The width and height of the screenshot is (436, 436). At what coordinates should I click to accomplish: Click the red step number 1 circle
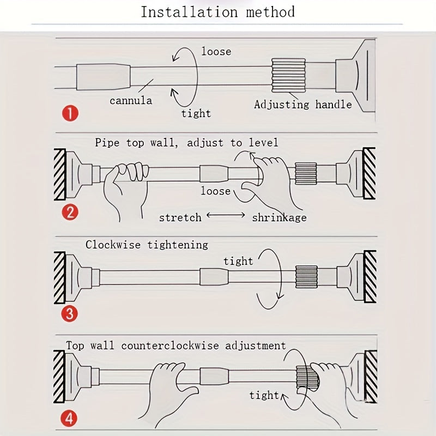[x=70, y=114]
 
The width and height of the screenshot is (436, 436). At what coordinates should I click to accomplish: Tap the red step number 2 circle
[x=70, y=211]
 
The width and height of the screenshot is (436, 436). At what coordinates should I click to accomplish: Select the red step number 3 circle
[x=70, y=313]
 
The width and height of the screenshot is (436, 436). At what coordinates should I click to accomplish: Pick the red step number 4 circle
[x=70, y=419]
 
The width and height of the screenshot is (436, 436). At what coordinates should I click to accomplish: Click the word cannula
[x=131, y=101]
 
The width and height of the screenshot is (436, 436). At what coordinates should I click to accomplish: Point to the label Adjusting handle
[x=303, y=104]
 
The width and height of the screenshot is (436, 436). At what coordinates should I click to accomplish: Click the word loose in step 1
[x=216, y=52]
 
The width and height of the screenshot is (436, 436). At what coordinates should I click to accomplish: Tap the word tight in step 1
[x=196, y=113]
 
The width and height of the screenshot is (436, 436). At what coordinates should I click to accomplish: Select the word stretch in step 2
[x=180, y=217]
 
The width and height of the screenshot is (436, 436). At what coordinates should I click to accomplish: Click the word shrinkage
[x=279, y=217]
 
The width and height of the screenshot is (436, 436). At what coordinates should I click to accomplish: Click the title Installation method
[x=217, y=12]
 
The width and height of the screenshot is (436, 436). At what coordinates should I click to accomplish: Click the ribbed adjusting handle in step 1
[x=289, y=75]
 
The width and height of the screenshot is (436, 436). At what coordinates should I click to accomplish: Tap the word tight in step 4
[x=264, y=395]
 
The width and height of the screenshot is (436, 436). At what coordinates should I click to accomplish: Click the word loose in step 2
[x=216, y=191]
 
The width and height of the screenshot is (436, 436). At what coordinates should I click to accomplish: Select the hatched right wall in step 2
[x=370, y=173]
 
